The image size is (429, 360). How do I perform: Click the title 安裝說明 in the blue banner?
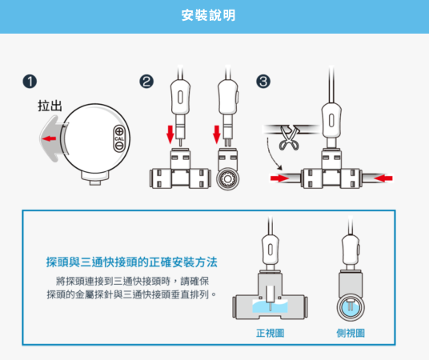pyautogui.click(x=208, y=15)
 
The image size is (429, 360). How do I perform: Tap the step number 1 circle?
pyautogui.click(x=30, y=82)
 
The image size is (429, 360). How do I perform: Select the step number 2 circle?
pyautogui.click(x=146, y=82)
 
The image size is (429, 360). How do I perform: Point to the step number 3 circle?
pyautogui.click(x=263, y=82)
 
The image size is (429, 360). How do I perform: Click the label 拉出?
pyautogui.click(x=50, y=106)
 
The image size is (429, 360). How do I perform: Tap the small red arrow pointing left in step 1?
pyautogui.click(x=49, y=138)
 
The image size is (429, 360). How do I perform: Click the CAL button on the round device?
pyautogui.click(x=119, y=138)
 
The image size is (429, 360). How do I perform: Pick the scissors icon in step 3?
pyautogui.click(x=289, y=138)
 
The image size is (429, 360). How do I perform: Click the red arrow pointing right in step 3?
pyautogui.click(x=279, y=178)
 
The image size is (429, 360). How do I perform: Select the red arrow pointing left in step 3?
pyautogui.click(x=383, y=178)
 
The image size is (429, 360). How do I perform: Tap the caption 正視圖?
pyautogui.click(x=270, y=333)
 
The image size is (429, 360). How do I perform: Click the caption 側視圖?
pyautogui.click(x=351, y=333)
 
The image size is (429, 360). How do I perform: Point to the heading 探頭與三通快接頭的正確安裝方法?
pyautogui.click(x=131, y=262)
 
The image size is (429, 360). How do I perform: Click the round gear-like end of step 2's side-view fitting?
pyautogui.click(x=228, y=179)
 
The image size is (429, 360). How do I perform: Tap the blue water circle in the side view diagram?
pyautogui.click(x=351, y=307)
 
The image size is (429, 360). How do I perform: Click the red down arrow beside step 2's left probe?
pyautogui.click(x=170, y=134)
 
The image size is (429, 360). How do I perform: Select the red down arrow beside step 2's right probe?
pyautogui.click(x=217, y=134)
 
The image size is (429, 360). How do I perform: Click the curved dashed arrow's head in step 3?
pyautogui.click(x=279, y=167)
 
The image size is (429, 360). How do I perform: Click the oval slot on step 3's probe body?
pyautogui.click(x=331, y=121)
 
